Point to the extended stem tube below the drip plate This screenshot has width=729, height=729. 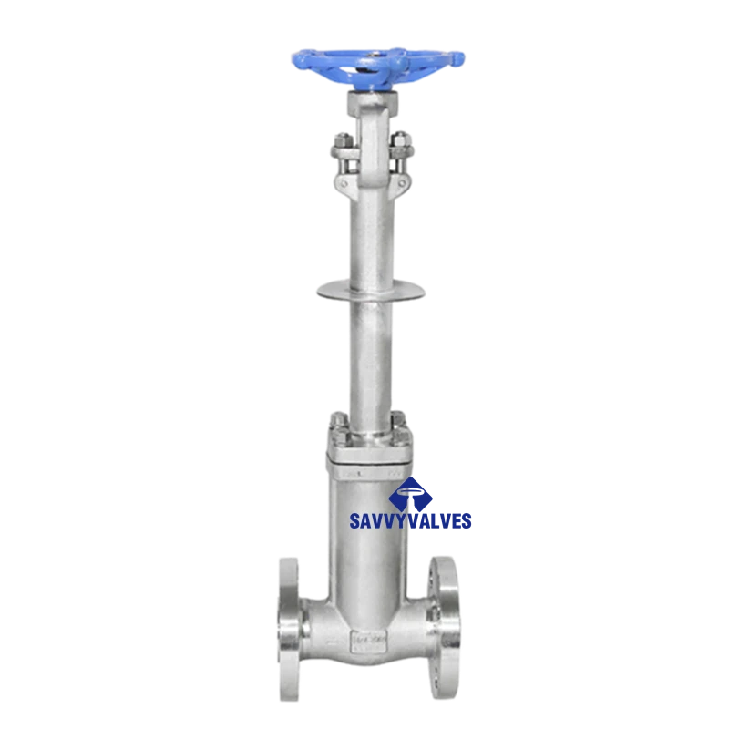[371, 355]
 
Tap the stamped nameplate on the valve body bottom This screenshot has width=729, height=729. [368, 640]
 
